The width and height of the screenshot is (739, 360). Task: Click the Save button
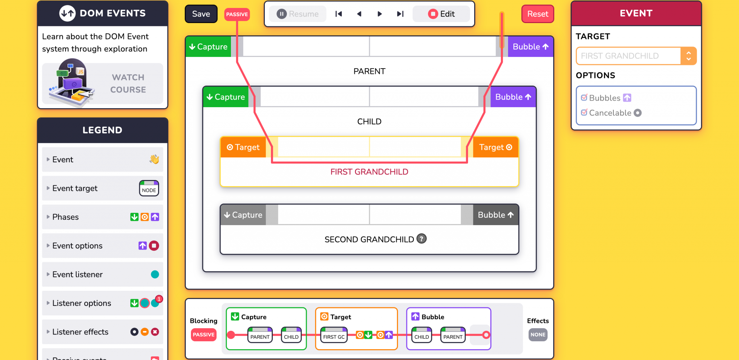click(x=201, y=14)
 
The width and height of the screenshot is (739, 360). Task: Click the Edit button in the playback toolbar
click(x=441, y=14)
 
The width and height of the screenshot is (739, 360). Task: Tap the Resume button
click(x=298, y=14)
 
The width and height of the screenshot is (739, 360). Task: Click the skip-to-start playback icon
click(x=338, y=14)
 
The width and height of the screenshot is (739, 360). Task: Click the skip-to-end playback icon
click(x=400, y=14)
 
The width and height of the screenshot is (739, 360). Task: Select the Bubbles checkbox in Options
click(x=584, y=98)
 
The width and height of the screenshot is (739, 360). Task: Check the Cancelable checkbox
click(x=584, y=113)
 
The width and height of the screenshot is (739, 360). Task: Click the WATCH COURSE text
click(x=128, y=84)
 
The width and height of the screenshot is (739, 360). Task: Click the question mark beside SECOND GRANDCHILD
click(x=421, y=239)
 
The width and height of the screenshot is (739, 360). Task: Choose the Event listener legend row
click(x=102, y=275)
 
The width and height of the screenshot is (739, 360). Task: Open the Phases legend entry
click(x=102, y=217)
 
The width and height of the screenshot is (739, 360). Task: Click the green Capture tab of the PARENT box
click(x=209, y=47)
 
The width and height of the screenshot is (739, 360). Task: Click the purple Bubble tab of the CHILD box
click(x=513, y=97)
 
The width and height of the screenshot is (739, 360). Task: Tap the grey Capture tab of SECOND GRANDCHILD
click(x=243, y=215)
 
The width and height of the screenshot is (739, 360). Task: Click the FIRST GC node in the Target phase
click(x=334, y=335)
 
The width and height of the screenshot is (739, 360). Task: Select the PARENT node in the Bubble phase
click(x=452, y=335)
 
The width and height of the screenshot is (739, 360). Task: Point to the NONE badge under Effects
click(x=538, y=335)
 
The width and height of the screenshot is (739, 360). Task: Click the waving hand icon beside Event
click(x=154, y=159)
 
